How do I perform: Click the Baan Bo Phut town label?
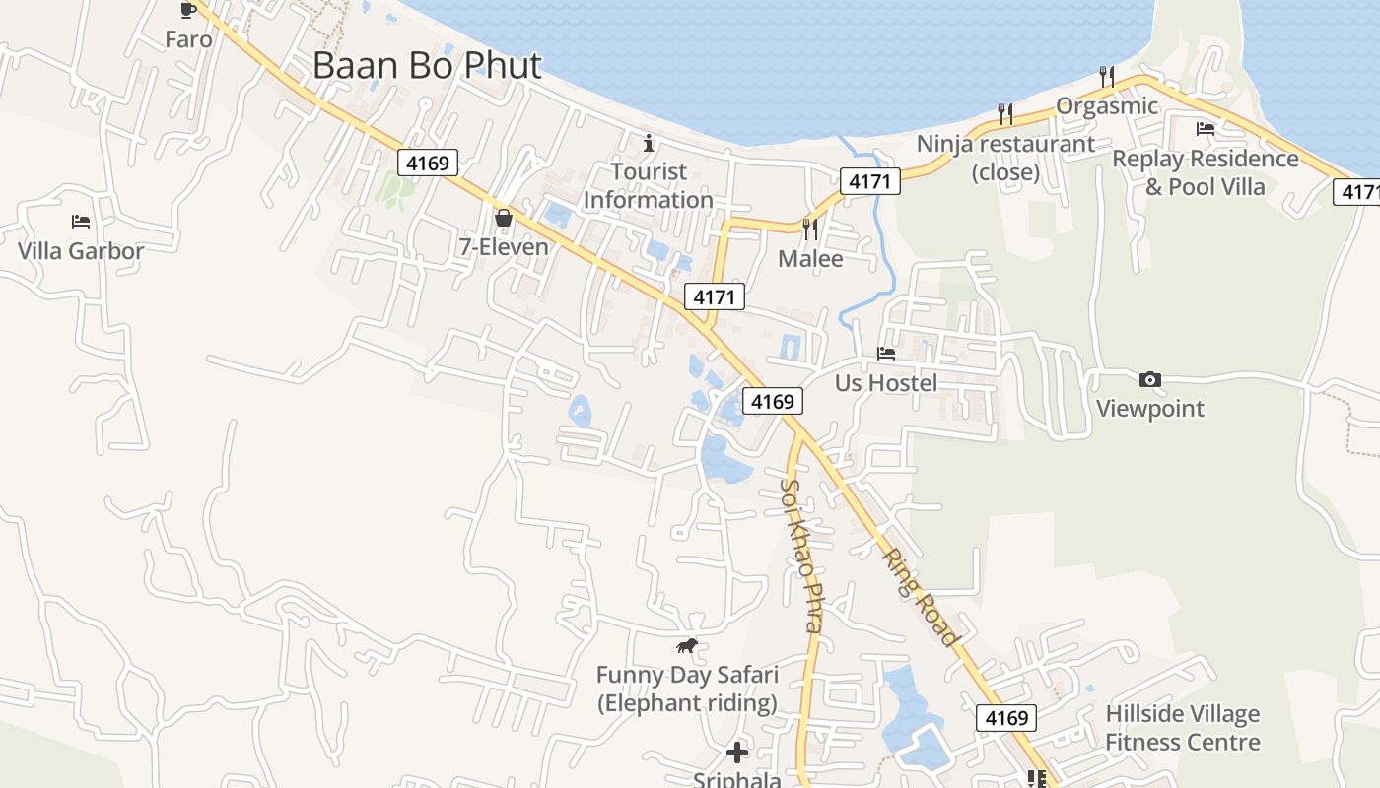(x=427, y=65)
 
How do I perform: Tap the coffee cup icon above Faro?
(x=187, y=10)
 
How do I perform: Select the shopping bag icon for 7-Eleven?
(x=504, y=218)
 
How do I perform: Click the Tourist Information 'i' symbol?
(x=649, y=143)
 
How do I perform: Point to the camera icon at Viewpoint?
(x=1149, y=379)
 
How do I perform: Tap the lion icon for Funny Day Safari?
(x=687, y=646)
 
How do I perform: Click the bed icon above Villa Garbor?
(x=81, y=222)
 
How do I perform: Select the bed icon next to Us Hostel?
(x=886, y=354)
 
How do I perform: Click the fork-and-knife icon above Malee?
(x=810, y=230)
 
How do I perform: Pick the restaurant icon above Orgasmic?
(x=1107, y=76)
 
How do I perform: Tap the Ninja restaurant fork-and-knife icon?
(x=1004, y=114)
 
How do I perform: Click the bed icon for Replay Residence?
(x=1205, y=129)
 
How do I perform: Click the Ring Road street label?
(x=919, y=597)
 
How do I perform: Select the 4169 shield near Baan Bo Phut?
(x=428, y=163)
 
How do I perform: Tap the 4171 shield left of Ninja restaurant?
(x=869, y=181)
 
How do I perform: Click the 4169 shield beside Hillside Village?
(x=1006, y=718)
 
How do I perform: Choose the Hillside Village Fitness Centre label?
(x=1182, y=728)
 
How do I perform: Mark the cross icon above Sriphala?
(x=736, y=754)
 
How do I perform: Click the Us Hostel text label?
(x=886, y=382)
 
